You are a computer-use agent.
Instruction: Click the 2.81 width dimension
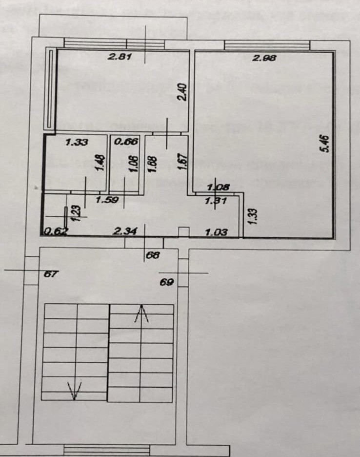click(120, 57)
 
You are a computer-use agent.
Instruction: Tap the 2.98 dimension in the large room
click(264, 58)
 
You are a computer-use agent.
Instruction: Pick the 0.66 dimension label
click(126, 142)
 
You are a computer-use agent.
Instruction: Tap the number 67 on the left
click(50, 274)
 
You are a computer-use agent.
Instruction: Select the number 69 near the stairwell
click(167, 282)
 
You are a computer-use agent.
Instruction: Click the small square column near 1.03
click(183, 231)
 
